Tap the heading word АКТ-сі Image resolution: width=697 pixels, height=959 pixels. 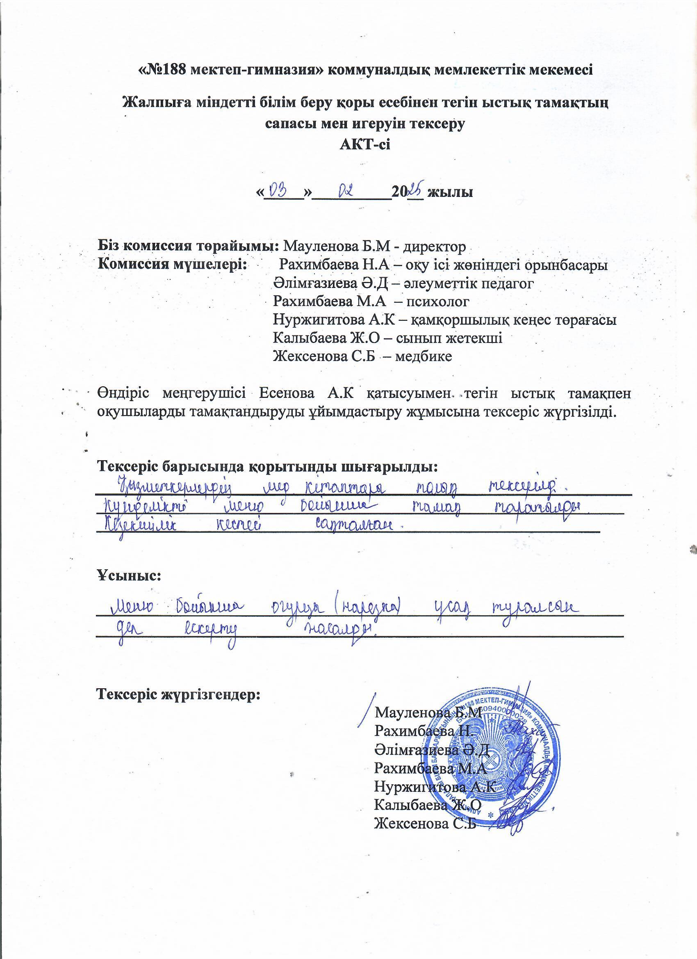click(365, 144)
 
